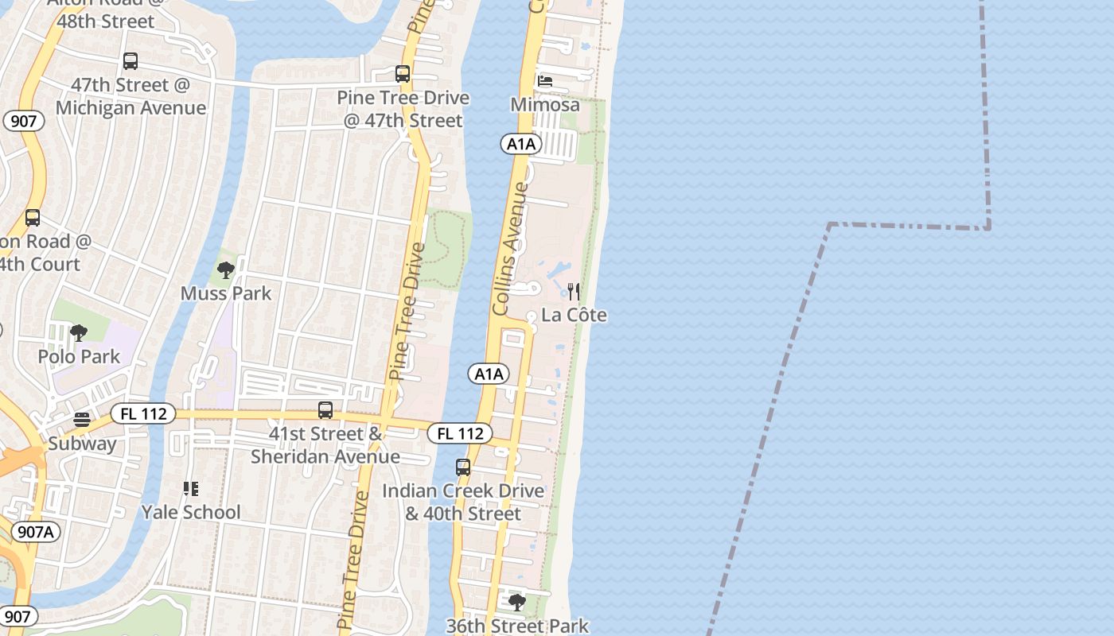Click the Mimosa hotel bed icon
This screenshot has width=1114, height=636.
point(545,81)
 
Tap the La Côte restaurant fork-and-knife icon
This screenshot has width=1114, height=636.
point(573,292)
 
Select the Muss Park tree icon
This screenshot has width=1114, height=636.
point(226,270)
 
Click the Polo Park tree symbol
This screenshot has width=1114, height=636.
point(78,333)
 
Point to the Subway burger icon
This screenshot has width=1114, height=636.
point(82,419)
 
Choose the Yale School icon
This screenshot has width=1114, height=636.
point(190,488)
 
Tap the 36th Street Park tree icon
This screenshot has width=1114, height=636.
point(516,603)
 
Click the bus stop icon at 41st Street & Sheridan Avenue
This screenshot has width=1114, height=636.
point(325,410)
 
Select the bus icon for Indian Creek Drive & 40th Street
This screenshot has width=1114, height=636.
point(463,467)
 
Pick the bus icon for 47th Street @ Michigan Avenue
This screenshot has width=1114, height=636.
point(130,61)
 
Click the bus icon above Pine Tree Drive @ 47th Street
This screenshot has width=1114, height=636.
point(403,74)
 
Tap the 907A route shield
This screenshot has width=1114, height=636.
point(36,532)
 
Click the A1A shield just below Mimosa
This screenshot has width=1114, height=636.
point(521,144)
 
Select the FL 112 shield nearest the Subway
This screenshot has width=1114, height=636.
point(143,414)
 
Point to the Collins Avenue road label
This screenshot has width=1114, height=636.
point(511,248)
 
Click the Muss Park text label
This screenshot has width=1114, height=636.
point(226,293)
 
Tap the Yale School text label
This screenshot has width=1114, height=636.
point(191,512)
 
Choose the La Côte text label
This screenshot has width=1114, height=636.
point(574,316)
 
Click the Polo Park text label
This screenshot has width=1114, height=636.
point(79,356)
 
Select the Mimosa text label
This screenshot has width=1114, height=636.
point(545,105)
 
